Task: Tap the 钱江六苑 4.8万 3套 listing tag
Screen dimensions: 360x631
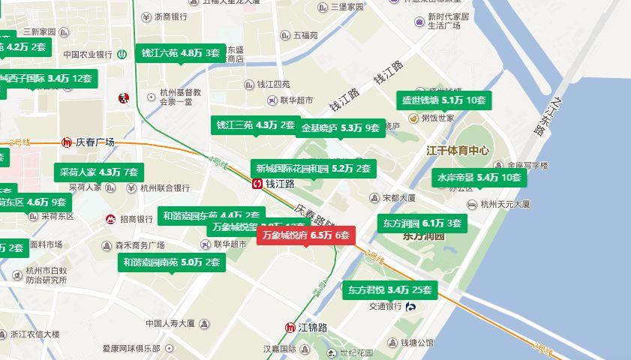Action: point(180,53)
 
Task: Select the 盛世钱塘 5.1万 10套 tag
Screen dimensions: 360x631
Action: point(444,100)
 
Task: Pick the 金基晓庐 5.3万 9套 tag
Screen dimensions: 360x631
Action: point(341,128)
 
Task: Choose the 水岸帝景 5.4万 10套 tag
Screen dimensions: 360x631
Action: point(478,178)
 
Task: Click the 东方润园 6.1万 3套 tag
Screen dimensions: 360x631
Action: point(421,223)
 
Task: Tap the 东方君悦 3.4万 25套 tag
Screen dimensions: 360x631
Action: point(389,289)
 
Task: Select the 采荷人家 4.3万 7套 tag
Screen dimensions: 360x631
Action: point(99,172)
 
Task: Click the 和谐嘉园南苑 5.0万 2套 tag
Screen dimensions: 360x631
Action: point(171,262)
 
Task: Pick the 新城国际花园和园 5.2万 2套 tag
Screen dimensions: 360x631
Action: point(312,169)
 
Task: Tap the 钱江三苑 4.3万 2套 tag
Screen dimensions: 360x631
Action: point(255,125)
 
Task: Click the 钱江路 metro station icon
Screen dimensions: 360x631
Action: point(257,184)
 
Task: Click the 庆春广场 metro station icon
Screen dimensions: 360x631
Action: point(67,142)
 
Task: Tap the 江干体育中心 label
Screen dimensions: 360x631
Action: point(457,151)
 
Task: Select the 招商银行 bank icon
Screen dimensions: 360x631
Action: point(110,219)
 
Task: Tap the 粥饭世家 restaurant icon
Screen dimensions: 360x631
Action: point(413,118)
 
